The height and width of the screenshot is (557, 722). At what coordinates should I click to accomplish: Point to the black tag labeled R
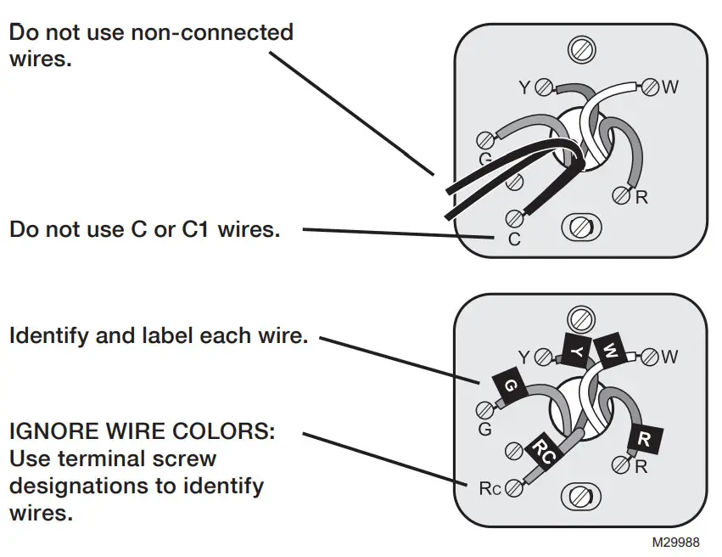point(644,438)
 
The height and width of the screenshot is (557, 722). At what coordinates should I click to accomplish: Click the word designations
point(81,487)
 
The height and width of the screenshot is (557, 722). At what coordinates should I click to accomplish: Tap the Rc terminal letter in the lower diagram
point(490,488)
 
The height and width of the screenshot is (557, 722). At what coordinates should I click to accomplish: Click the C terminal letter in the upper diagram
point(514,240)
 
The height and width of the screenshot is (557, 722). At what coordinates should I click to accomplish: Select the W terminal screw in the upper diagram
point(650,87)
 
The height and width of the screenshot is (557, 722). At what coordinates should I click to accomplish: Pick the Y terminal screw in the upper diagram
point(545,87)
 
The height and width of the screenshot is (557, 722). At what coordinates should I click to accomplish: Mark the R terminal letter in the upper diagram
point(642,199)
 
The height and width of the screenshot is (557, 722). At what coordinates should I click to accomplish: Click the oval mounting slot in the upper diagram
point(582,227)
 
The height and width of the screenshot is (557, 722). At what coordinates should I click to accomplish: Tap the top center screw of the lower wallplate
point(581,319)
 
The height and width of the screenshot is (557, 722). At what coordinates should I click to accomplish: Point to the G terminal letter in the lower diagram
point(485,430)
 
